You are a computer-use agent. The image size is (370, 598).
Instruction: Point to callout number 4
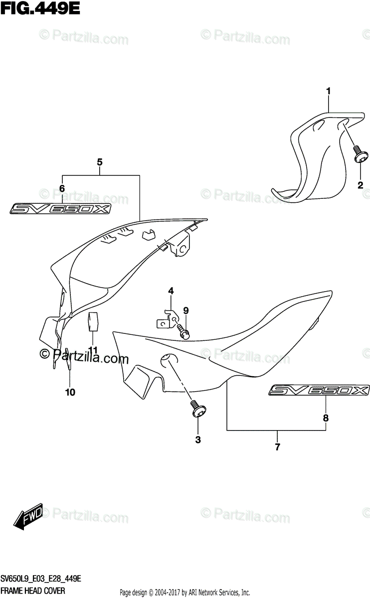(171, 291)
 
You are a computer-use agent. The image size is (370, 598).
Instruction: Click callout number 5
(100, 162)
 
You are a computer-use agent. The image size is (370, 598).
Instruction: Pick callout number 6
(62, 188)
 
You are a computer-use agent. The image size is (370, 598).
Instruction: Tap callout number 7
(278, 447)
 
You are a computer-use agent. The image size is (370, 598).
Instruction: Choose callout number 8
(325, 418)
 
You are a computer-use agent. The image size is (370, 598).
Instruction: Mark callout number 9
(185, 310)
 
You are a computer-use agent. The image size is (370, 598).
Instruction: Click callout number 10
(70, 392)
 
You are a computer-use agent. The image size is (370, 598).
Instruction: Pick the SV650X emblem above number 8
(320, 391)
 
